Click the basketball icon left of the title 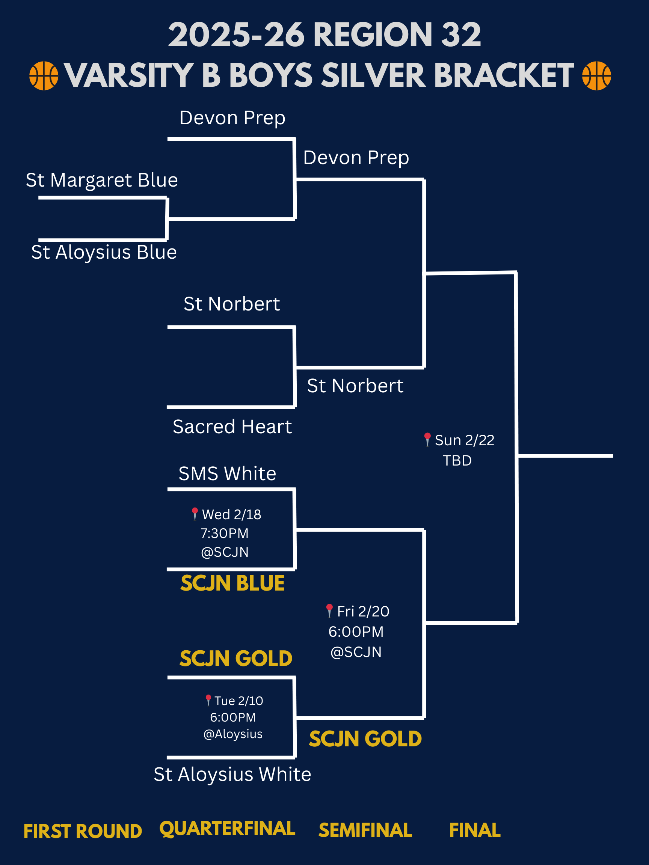click(44, 75)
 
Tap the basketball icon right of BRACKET click(596, 75)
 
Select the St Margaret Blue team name click(102, 180)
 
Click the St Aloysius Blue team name click(104, 252)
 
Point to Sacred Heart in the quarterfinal click(232, 426)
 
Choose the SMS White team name click(227, 473)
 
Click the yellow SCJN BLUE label click(232, 583)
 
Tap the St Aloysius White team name click(232, 774)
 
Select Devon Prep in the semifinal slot click(356, 158)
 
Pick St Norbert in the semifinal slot click(355, 386)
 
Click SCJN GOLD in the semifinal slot click(365, 739)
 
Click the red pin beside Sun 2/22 click(427, 439)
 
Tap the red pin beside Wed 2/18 click(195, 513)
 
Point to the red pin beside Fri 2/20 click(329, 610)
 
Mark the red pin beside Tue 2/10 click(208, 699)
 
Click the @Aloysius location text click(233, 734)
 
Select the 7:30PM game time click(225, 533)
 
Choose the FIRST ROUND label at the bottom click(83, 831)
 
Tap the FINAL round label click(474, 830)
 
